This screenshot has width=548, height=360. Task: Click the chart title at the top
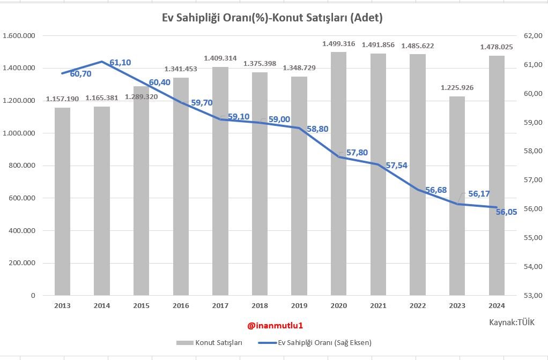coord(272,18)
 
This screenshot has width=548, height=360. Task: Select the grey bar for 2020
coord(338,177)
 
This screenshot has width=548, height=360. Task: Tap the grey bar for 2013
coord(62,204)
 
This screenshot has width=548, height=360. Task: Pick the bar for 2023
coord(457,198)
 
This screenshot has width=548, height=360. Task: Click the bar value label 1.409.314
coord(220,58)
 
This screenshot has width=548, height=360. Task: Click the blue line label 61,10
coord(120,63)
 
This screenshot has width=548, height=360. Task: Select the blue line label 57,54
coord(397,166)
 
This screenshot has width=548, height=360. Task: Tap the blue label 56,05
coord(507,212)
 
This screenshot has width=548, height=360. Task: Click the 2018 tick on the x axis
coord(260,305)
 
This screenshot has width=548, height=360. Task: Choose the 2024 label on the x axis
coord(497,305)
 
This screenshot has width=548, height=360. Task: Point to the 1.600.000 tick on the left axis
coord(19,36)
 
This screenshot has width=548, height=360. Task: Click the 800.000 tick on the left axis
coord(23,166)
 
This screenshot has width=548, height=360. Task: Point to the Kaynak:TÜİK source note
coord(511,322)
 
